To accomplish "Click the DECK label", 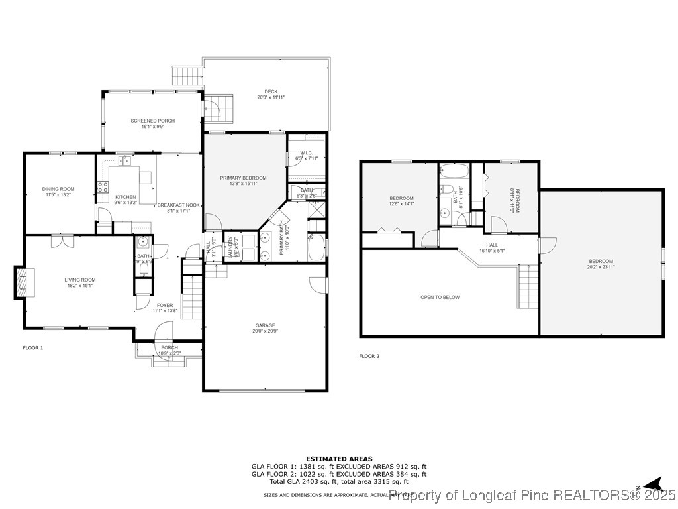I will coord(271,92).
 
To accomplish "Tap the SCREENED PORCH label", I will coord(152,121).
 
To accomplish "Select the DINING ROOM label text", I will coord(58,189).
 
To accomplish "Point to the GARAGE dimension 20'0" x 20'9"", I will coord(266,331).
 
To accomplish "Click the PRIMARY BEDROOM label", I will coord(243,178).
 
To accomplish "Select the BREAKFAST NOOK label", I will coord(178,205).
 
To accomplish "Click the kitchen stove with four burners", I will coord(103,187).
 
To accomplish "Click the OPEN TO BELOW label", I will coord(440,297).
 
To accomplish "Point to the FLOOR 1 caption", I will coord(33,347).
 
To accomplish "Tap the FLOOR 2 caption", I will coord(369,356).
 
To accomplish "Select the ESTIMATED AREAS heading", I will coord(338,459).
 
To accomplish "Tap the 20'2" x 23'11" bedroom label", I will coord(600,261).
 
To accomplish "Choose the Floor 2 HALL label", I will coord(492,245).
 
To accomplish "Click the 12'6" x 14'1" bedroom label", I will coord(401,199).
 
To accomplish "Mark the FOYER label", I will coord(165,305).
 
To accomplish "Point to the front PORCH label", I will coord(169,348).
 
